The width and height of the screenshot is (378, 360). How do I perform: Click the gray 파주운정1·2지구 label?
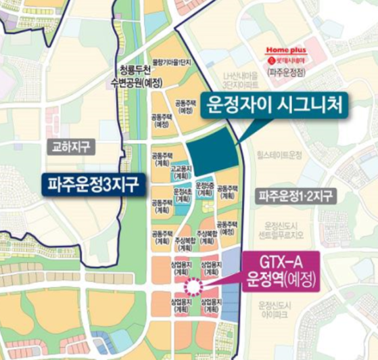tap(296, 197)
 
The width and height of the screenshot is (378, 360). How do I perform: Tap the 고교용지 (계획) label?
tap(180, 171)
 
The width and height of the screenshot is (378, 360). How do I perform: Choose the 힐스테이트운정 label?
tap(279, 155)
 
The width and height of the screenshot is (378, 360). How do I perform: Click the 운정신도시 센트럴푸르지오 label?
tap(283, 231)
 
